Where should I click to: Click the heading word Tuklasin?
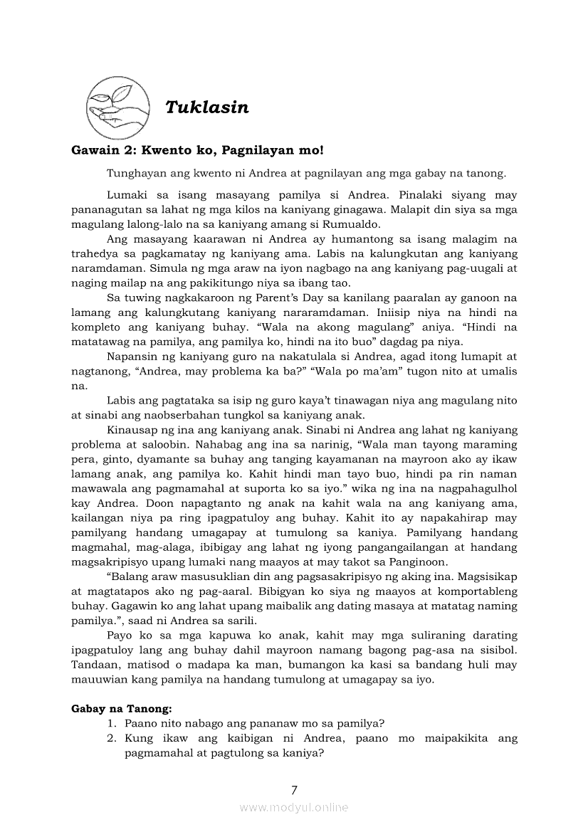[206, 107]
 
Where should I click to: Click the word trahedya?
[97, 254]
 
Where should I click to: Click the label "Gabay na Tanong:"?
[122, 709]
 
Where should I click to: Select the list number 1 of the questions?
[112, 723]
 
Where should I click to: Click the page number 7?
[294, 789]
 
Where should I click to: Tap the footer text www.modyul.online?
[294, 807]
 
